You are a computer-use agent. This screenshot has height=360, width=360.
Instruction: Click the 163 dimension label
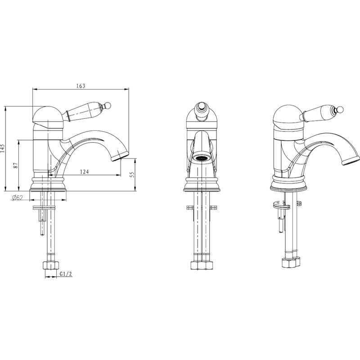81,86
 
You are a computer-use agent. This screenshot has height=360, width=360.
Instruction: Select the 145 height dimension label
3,148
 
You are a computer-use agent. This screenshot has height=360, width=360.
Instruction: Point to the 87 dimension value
15,165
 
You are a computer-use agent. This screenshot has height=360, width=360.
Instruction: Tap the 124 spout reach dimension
84,171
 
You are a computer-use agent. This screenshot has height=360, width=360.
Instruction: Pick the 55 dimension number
131,175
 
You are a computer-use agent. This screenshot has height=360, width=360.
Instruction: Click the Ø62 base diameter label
18,198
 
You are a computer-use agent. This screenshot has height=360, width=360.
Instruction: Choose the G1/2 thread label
66,274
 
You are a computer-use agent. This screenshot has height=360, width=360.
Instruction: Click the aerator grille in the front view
201,158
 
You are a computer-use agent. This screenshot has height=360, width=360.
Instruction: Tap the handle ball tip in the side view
108,105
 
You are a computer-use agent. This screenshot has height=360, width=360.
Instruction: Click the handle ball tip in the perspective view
340,109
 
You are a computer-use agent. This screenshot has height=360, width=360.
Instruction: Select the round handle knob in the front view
201,108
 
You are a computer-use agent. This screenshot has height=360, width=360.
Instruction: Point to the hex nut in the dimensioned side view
50,265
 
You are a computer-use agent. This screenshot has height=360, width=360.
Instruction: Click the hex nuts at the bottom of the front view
202,265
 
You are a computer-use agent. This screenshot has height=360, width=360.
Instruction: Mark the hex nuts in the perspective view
291,262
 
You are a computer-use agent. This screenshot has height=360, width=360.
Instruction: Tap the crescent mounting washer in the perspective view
281,205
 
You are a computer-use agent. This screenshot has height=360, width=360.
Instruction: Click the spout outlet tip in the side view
119,157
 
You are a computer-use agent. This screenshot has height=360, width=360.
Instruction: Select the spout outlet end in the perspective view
351,160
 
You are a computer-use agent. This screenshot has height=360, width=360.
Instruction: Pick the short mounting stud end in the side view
42,227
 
